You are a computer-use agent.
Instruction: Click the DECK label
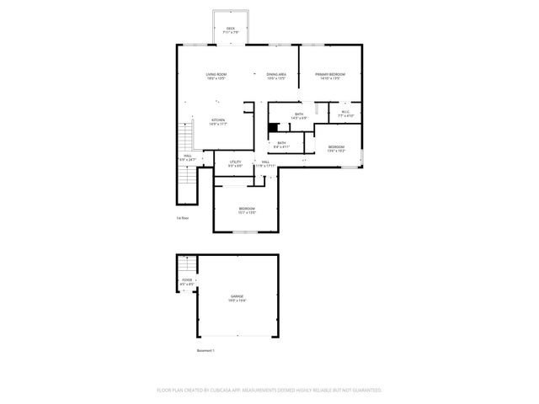[230, 29]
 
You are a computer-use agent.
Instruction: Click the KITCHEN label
[217, 121]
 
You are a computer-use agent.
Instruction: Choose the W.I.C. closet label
[344, 113]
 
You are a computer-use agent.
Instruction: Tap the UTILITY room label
[236, 162]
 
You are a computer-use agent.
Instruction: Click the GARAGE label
[237, 297]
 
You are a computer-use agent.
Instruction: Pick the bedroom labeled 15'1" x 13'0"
[247, 210]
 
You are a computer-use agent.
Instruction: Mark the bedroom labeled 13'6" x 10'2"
[336, 149]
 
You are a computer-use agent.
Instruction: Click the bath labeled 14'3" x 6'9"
[299, 115]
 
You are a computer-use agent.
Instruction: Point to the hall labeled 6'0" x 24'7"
[187, 157]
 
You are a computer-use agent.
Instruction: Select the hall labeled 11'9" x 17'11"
[264, 163]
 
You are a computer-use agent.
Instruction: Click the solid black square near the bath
[272, 128]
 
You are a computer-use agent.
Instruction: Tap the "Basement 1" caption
[205, 351]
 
